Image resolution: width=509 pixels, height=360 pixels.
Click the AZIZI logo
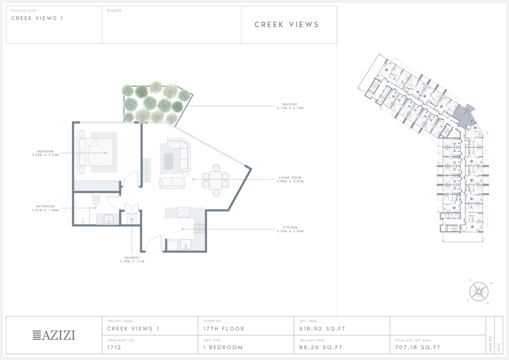tap(54, 335)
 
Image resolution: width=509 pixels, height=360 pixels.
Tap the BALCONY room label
tap(290, 104)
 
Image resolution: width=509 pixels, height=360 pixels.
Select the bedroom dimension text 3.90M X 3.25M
tap(45, 155)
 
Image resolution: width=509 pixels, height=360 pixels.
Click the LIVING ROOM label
tap(290, 177)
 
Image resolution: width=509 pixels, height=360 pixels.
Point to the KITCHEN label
tap(290, 227)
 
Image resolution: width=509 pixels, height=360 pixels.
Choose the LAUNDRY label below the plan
tap(132, 258)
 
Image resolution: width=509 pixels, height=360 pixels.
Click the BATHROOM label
tap(45, 206)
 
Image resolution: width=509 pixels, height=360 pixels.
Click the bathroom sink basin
tap(109, 219)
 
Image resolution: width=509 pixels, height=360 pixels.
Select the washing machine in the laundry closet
tap(132, 218)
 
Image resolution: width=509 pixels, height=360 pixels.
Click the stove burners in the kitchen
tap(199, 228)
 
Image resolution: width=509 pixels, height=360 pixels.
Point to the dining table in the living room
tap(215, 180)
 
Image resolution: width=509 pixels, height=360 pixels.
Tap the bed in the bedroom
tap(95, 152)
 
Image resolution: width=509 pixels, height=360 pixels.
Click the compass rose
tap(479, 292)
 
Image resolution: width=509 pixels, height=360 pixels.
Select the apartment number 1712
tap(114, 347)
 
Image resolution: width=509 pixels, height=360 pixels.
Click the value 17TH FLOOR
tap(224, 329)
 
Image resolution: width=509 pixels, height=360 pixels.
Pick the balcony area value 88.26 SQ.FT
tap(321, 347)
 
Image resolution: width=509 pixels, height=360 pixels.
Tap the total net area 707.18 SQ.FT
tap(418, 347)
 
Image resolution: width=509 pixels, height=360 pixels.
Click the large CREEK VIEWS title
tap(287, 24)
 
